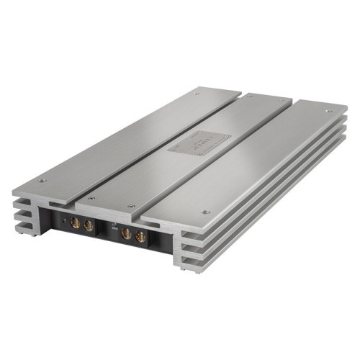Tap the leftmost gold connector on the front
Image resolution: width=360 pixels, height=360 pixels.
click(77, 224)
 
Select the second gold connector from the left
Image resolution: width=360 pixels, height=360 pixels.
click(89, 225)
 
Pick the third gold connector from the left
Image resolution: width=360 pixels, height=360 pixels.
click(126, 233)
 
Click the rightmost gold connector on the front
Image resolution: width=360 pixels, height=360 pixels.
click(139, 235)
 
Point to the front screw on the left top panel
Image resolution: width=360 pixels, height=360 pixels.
click(42, 180)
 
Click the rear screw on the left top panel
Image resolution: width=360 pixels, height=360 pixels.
click(197, 92)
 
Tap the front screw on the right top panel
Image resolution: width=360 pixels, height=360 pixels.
click(205, 212)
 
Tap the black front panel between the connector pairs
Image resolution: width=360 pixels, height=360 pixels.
click(108, 238)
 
